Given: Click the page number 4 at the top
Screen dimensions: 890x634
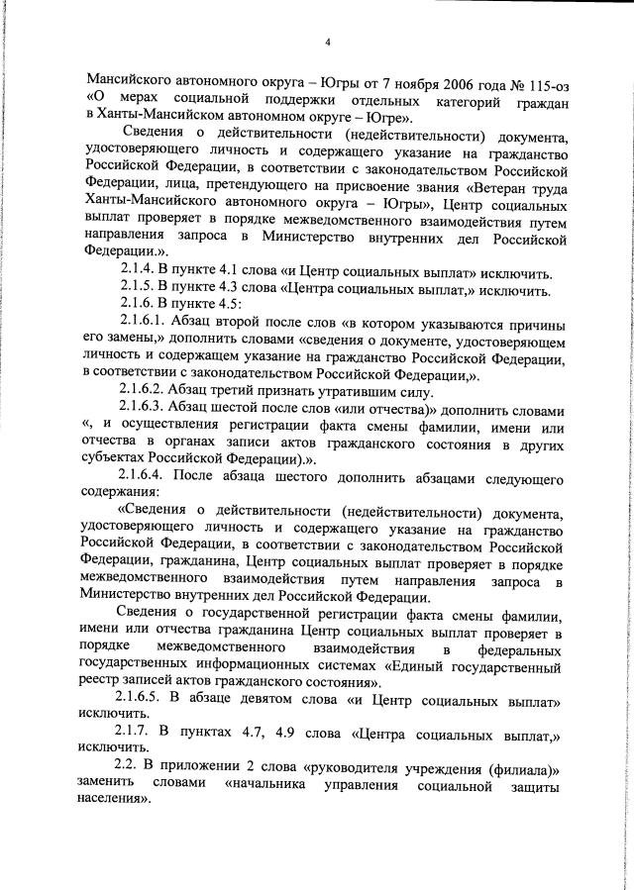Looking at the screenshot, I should click(x=328, y=42).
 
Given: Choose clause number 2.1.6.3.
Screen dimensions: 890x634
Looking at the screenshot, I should click(x=145, y=409).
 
